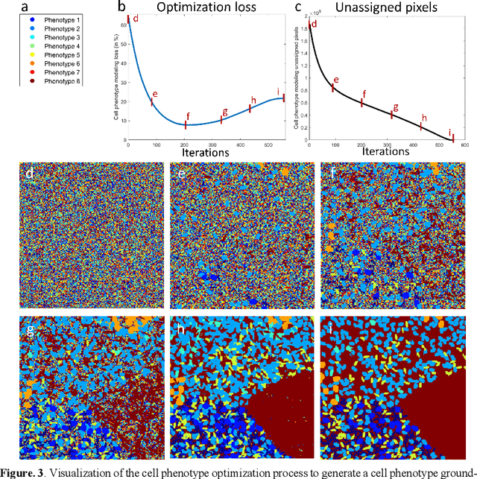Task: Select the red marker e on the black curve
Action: click(x=333, y=87)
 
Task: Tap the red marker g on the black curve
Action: click(x=391, y=114)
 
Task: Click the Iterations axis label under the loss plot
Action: click(x=206, y=151)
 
